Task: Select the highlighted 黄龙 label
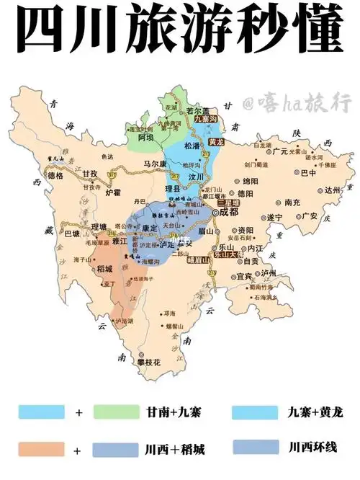[x=217, y=142]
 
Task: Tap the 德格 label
[x=55, y=175]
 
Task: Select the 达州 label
[x=330, y=190]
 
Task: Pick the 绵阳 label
[x=250, y=181]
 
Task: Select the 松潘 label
[x=192, y=146]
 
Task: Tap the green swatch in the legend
[x=114, y=412]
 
